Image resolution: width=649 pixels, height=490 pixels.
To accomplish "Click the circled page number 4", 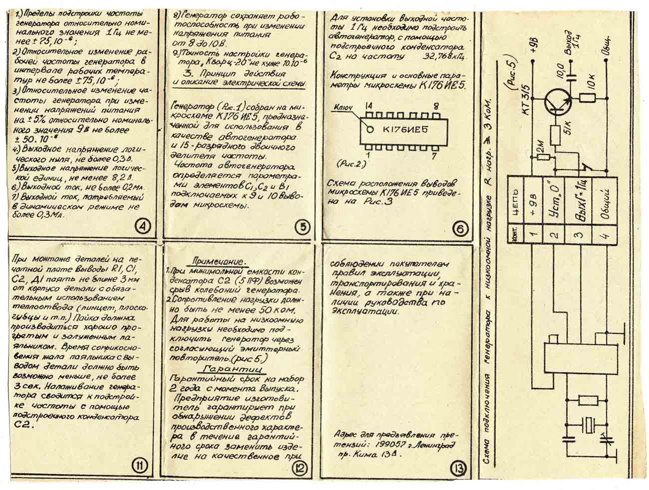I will pyautogui.click(x=143, y=227).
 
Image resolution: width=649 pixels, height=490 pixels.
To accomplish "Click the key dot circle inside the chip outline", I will pyautogui.click(x=370, y=129).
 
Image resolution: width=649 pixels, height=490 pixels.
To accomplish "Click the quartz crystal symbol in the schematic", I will pyautogui.click(x=590, y=425).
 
